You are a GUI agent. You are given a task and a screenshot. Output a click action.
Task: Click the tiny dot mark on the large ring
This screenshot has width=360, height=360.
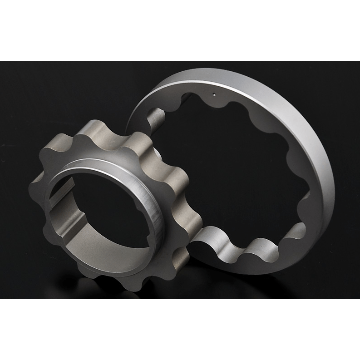pos(214,95)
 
